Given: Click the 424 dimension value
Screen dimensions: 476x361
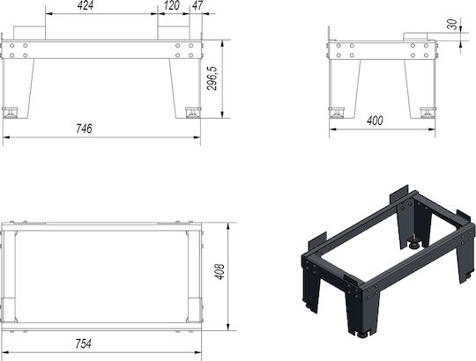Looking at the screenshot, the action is coord(86,5).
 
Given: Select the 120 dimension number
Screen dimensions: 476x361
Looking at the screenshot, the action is coord(172,5).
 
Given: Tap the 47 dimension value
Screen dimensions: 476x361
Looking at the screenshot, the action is coord(197,5).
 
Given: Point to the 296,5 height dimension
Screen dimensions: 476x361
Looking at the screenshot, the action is coord(212,78).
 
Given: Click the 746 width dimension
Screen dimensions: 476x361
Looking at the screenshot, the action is coord(84,129).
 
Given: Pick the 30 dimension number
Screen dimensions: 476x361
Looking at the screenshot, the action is coord(452,25).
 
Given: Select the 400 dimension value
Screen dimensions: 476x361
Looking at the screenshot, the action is coord(375,121).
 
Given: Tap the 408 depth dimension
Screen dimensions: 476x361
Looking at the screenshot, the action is coord(219,271).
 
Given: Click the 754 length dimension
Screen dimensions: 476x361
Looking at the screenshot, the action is coord(84,343).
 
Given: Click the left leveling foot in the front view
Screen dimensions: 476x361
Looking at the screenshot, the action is coord(10,113).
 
